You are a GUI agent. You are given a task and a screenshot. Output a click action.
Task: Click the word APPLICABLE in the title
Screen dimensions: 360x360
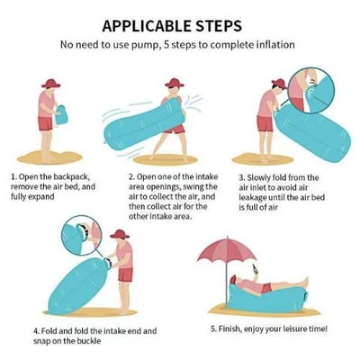point(146,26)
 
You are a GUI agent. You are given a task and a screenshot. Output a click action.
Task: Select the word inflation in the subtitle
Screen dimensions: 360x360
point(275,45)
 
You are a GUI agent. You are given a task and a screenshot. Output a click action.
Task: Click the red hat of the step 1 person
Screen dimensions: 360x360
point(51,84)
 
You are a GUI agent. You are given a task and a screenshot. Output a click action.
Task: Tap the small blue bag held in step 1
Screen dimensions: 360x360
point(61,114)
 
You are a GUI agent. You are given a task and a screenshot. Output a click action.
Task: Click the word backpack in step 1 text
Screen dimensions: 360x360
point(72,176)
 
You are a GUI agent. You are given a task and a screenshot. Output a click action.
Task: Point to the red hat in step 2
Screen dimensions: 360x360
point(175,83)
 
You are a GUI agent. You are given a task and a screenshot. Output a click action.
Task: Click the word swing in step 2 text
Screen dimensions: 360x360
point(193,186)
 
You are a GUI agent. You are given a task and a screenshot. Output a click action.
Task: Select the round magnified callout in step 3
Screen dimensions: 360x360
point(311,91)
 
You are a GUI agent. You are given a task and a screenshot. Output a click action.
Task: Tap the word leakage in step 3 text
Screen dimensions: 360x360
point(252,198)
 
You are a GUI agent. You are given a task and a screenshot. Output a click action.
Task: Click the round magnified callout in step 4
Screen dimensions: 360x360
point(81,235)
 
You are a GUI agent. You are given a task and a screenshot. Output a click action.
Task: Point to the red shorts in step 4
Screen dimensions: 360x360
point(125,274)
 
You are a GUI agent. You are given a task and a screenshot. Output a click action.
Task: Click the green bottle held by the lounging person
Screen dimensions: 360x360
point(255,268)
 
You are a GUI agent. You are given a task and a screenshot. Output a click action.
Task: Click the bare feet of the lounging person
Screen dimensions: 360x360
point(305,283)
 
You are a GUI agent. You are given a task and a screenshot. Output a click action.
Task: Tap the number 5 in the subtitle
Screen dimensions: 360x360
point(166,45)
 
